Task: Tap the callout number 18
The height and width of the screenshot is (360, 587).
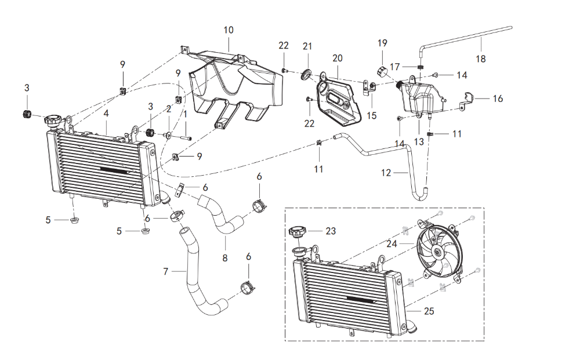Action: [480, 59]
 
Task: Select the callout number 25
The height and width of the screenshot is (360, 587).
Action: [429, 311]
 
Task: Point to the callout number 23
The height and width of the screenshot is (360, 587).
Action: [331, 231]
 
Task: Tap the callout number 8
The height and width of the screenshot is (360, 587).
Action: [226, 256]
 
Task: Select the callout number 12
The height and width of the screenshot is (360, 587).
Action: [386, 173]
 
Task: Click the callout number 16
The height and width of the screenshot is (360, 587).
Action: [498, 99]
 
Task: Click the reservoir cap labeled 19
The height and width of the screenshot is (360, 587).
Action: [382, 71]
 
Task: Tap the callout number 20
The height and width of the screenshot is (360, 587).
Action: [338, 58]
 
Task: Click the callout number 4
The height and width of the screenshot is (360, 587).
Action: [106, 114]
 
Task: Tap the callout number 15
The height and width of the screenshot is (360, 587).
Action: [371, 115]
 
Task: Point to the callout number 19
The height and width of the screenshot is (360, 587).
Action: [382, 43]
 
